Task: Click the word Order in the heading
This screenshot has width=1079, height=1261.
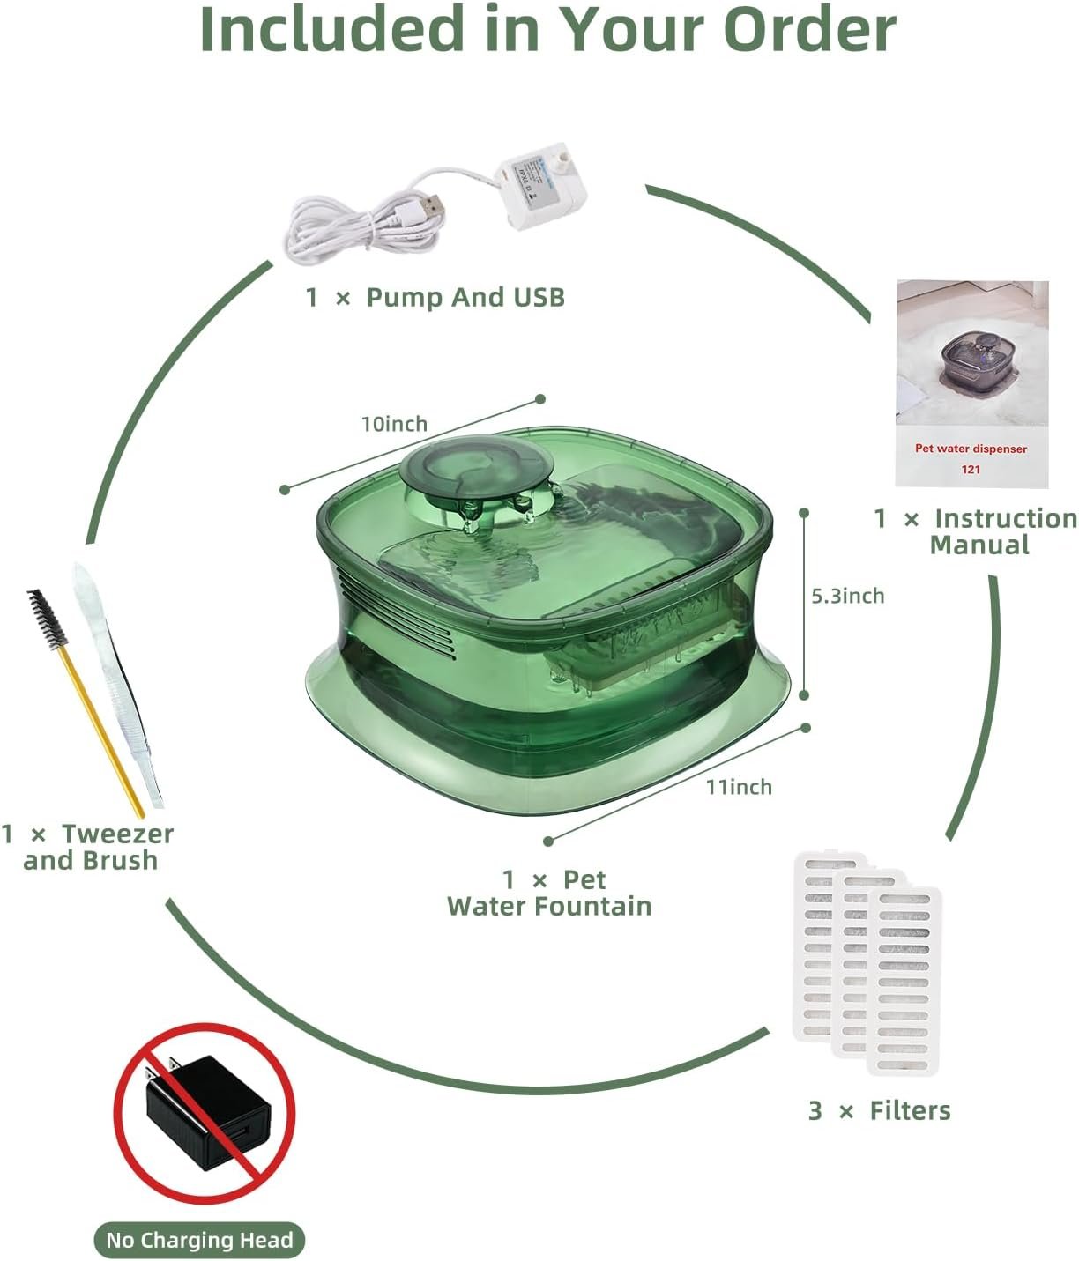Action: [x=810, y=29]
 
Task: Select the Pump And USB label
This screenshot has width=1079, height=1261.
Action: [x=435, y=297]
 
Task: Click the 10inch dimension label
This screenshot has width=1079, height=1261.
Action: [x=394, y=423]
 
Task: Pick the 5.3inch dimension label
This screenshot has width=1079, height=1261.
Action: [x=848, y=596]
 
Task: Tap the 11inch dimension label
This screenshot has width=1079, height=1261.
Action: [x=739, y=787]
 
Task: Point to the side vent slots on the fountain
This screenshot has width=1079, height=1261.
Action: [x=397, y=615]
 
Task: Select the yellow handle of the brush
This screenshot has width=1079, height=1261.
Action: [x=101, y=733]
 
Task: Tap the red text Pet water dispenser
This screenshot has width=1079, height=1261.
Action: [x=971, y=449]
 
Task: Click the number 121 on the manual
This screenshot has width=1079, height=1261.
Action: [x=971, y=469]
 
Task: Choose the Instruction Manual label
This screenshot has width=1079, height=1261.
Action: [x=976, y=531]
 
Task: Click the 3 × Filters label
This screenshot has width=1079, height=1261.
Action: [x=880, y=1110]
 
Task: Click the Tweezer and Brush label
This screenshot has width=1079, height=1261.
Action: [x=88, y=847]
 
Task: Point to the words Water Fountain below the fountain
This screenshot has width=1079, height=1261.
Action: [x=549, y=906]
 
